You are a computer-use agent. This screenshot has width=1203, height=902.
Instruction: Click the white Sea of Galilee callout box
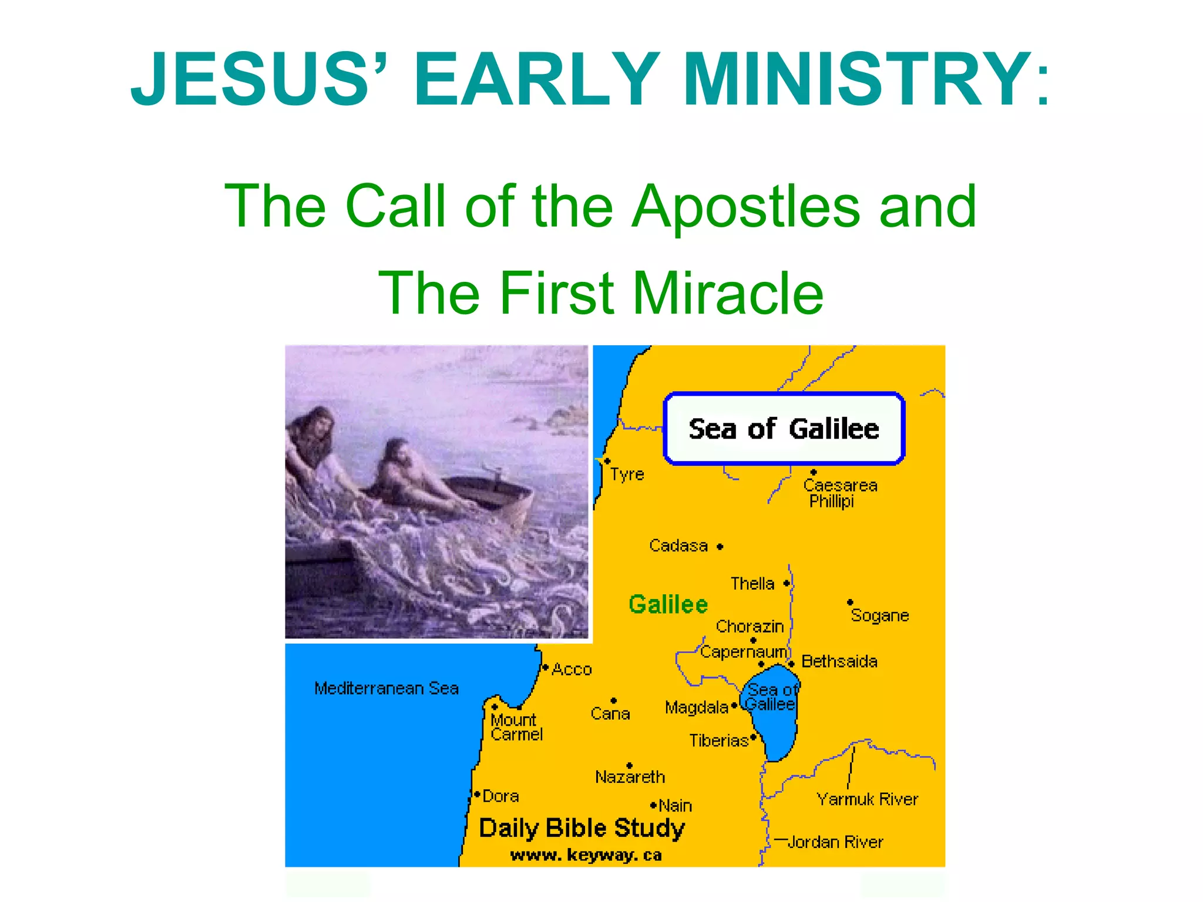coord(784,429)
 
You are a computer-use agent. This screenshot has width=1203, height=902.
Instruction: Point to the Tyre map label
coord(627,474)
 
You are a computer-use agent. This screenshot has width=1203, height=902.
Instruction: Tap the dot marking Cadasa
coord(720,547)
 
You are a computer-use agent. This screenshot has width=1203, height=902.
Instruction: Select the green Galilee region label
coord(668,604)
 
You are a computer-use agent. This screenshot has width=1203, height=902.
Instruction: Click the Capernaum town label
coord(743,652)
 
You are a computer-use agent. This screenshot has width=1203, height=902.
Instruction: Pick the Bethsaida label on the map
coord(839,661)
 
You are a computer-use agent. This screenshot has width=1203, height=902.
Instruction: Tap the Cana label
coord(610,713)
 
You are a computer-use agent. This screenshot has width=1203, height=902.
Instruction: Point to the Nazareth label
coord(630,777)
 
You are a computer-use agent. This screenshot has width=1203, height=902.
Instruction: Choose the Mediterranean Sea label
coord(386,688)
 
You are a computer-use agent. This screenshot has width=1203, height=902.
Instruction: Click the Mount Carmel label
coord(516,727)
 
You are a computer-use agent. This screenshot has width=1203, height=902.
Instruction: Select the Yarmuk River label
coord(867,799)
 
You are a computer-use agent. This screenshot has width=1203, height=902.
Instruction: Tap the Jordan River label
coord(835,842)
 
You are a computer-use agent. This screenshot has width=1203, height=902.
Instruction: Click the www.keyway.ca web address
coord(586,855)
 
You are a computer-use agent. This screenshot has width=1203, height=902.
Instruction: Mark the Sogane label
coord(879,615)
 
